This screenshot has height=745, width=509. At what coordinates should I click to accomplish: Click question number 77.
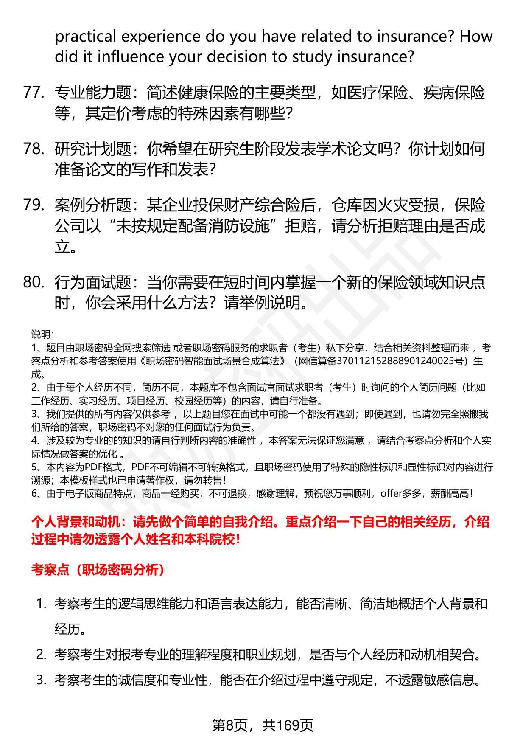pos(34,93)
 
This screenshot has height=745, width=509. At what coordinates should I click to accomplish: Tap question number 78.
pos(34,149)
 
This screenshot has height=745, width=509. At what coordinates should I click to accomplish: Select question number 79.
pos(34,205)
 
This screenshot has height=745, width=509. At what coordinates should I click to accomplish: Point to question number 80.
pos(34,282)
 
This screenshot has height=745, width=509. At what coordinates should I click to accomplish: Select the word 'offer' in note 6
pos(390,493)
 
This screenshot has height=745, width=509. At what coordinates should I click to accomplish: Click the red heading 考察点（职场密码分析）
pos(98,570)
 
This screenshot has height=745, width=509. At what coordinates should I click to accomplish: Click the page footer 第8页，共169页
pos(263,725)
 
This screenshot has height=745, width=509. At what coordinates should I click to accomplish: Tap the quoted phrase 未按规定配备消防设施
pos(193,226)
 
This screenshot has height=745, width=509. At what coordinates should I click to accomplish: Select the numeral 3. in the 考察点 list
pos(41,680)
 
